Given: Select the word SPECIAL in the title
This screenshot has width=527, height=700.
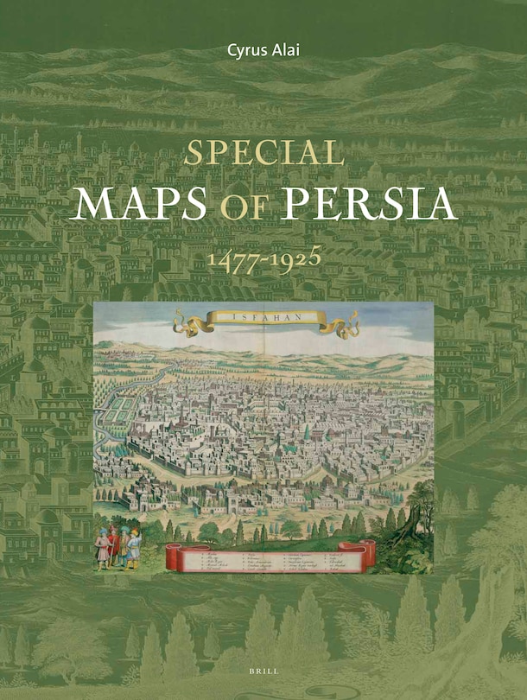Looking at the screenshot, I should tap(264, 153).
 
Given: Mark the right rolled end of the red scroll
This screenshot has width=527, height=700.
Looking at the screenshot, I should tap(367, 554).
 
